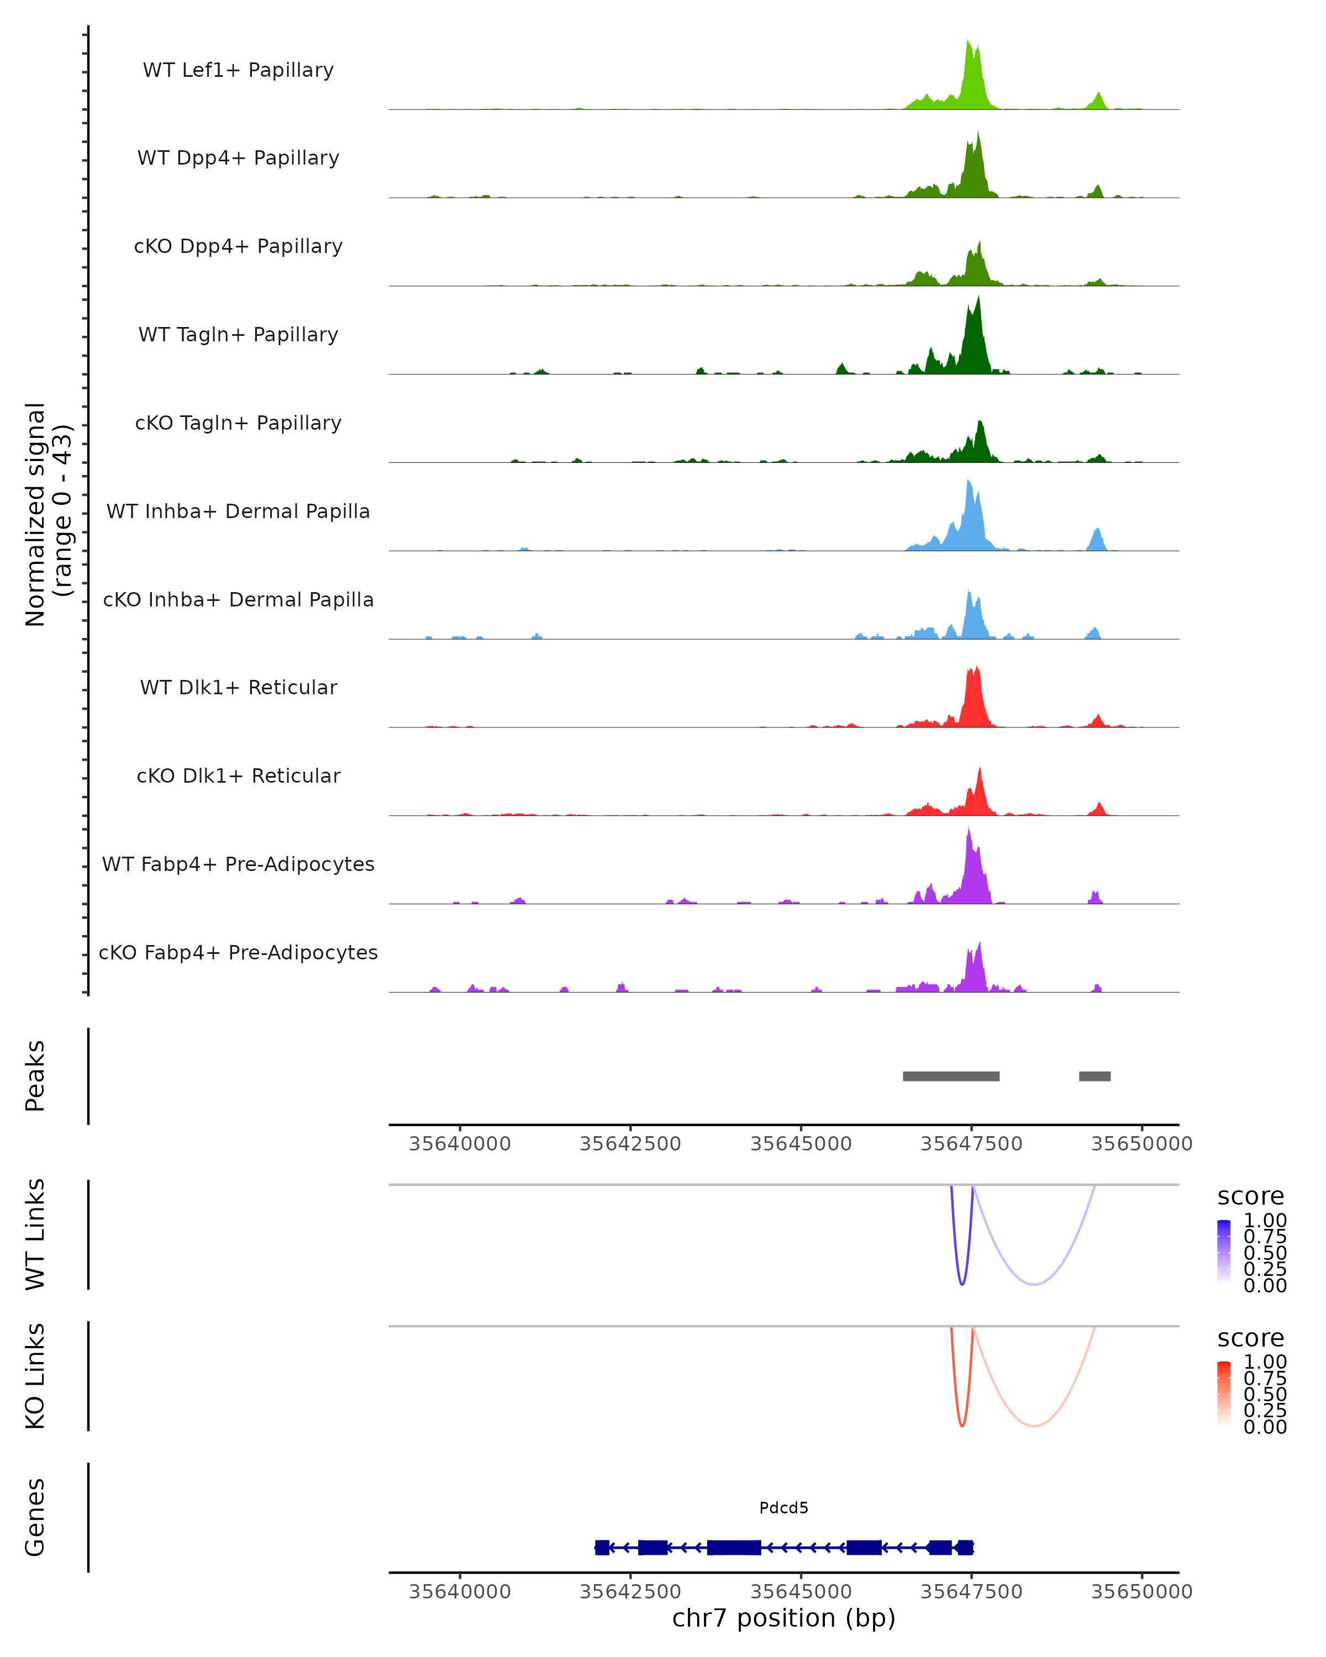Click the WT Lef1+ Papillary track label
[x=238, y=70]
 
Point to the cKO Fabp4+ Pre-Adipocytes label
[x=238, y=952]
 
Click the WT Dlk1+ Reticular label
[x=238, y=687]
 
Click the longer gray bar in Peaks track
[x=951, y=1076]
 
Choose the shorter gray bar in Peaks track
[x=1095, y=1076]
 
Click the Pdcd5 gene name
[x=783, y=1508]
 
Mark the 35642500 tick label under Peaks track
[x=630, y=1144]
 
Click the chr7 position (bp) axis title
[x=783, y=1618]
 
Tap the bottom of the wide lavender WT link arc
[x=1035, y=1284]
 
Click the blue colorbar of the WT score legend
[x=1224, y=1252]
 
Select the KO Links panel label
[x=35, y=1376]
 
